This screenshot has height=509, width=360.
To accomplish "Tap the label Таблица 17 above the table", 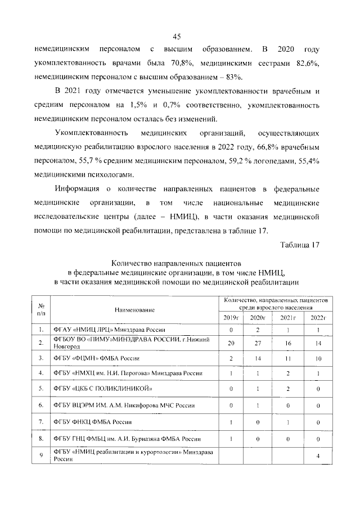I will coord(299,244).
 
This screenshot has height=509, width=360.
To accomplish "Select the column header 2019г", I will coord(231,318).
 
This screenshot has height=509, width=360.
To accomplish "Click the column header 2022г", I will coord(318,318).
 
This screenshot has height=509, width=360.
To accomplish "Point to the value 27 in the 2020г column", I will coord(259,343).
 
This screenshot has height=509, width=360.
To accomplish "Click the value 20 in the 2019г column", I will coord(231,343).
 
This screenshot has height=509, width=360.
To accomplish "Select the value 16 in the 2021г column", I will coord(288,343).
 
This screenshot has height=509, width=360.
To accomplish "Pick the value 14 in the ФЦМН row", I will coord(259,358).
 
